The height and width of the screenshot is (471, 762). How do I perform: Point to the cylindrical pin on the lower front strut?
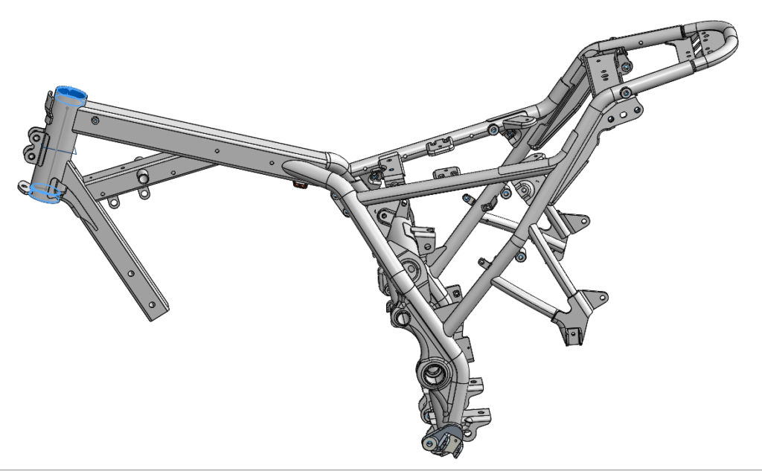coord(142,179)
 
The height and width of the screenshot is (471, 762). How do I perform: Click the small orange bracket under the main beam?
coord(300,183)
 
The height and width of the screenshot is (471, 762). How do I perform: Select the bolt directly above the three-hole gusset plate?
coord(627,92)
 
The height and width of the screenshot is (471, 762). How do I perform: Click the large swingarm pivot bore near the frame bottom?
coord(434,371)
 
